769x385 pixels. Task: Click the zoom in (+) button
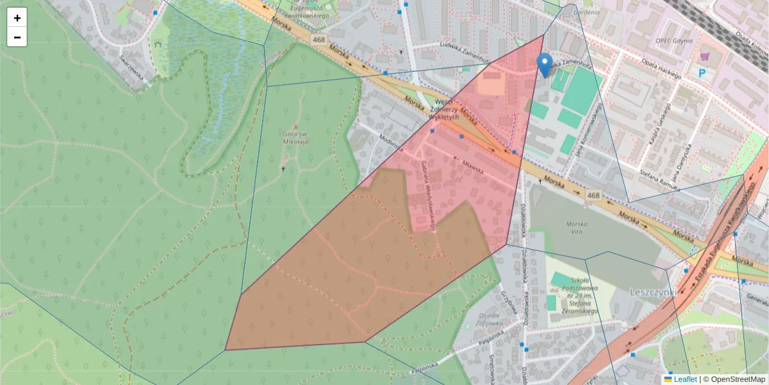(17, 17)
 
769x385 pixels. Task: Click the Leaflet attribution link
(685, 379)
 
